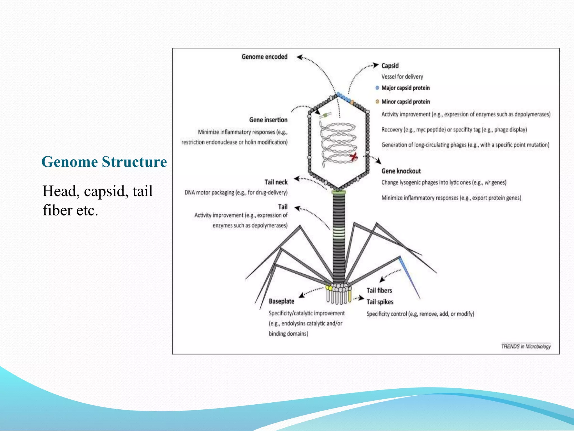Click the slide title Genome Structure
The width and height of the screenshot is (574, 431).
104,162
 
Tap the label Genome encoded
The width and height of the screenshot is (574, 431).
264,57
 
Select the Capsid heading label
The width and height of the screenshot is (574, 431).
390,66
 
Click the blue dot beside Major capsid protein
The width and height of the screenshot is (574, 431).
377,88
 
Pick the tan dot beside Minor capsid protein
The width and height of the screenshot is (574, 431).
377,102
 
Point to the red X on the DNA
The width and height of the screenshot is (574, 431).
354,157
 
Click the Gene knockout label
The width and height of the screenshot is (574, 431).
401,171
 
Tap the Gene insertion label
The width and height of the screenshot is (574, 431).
268,120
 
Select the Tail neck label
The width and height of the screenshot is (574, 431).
276,182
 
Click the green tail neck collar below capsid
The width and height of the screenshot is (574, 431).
339,192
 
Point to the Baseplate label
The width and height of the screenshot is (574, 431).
281,301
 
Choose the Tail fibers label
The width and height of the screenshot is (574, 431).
379,291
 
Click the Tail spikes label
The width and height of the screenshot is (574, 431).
380,302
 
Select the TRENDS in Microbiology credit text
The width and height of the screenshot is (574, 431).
526,347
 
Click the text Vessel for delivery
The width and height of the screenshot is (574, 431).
402,77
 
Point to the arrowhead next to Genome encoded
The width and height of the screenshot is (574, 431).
299,57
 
